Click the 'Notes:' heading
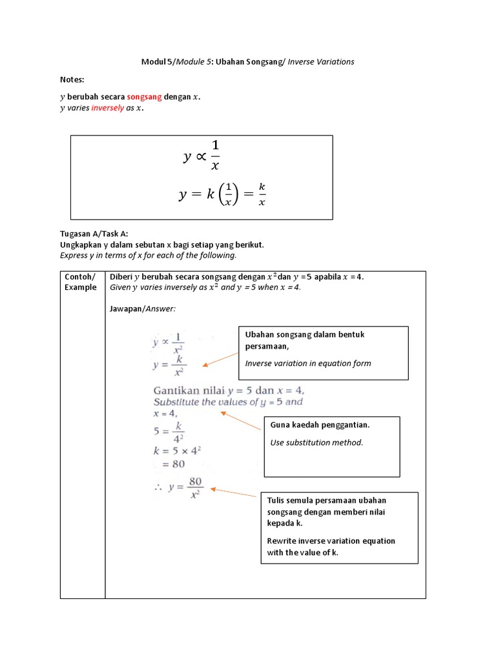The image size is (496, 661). point(72,79)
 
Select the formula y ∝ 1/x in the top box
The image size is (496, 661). point(201,157)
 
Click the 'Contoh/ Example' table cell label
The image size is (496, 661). point(81,281)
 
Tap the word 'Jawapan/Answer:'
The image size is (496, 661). point(143,309)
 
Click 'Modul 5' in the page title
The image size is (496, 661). point(157,61)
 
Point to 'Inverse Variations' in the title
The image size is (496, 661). point(321,61)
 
